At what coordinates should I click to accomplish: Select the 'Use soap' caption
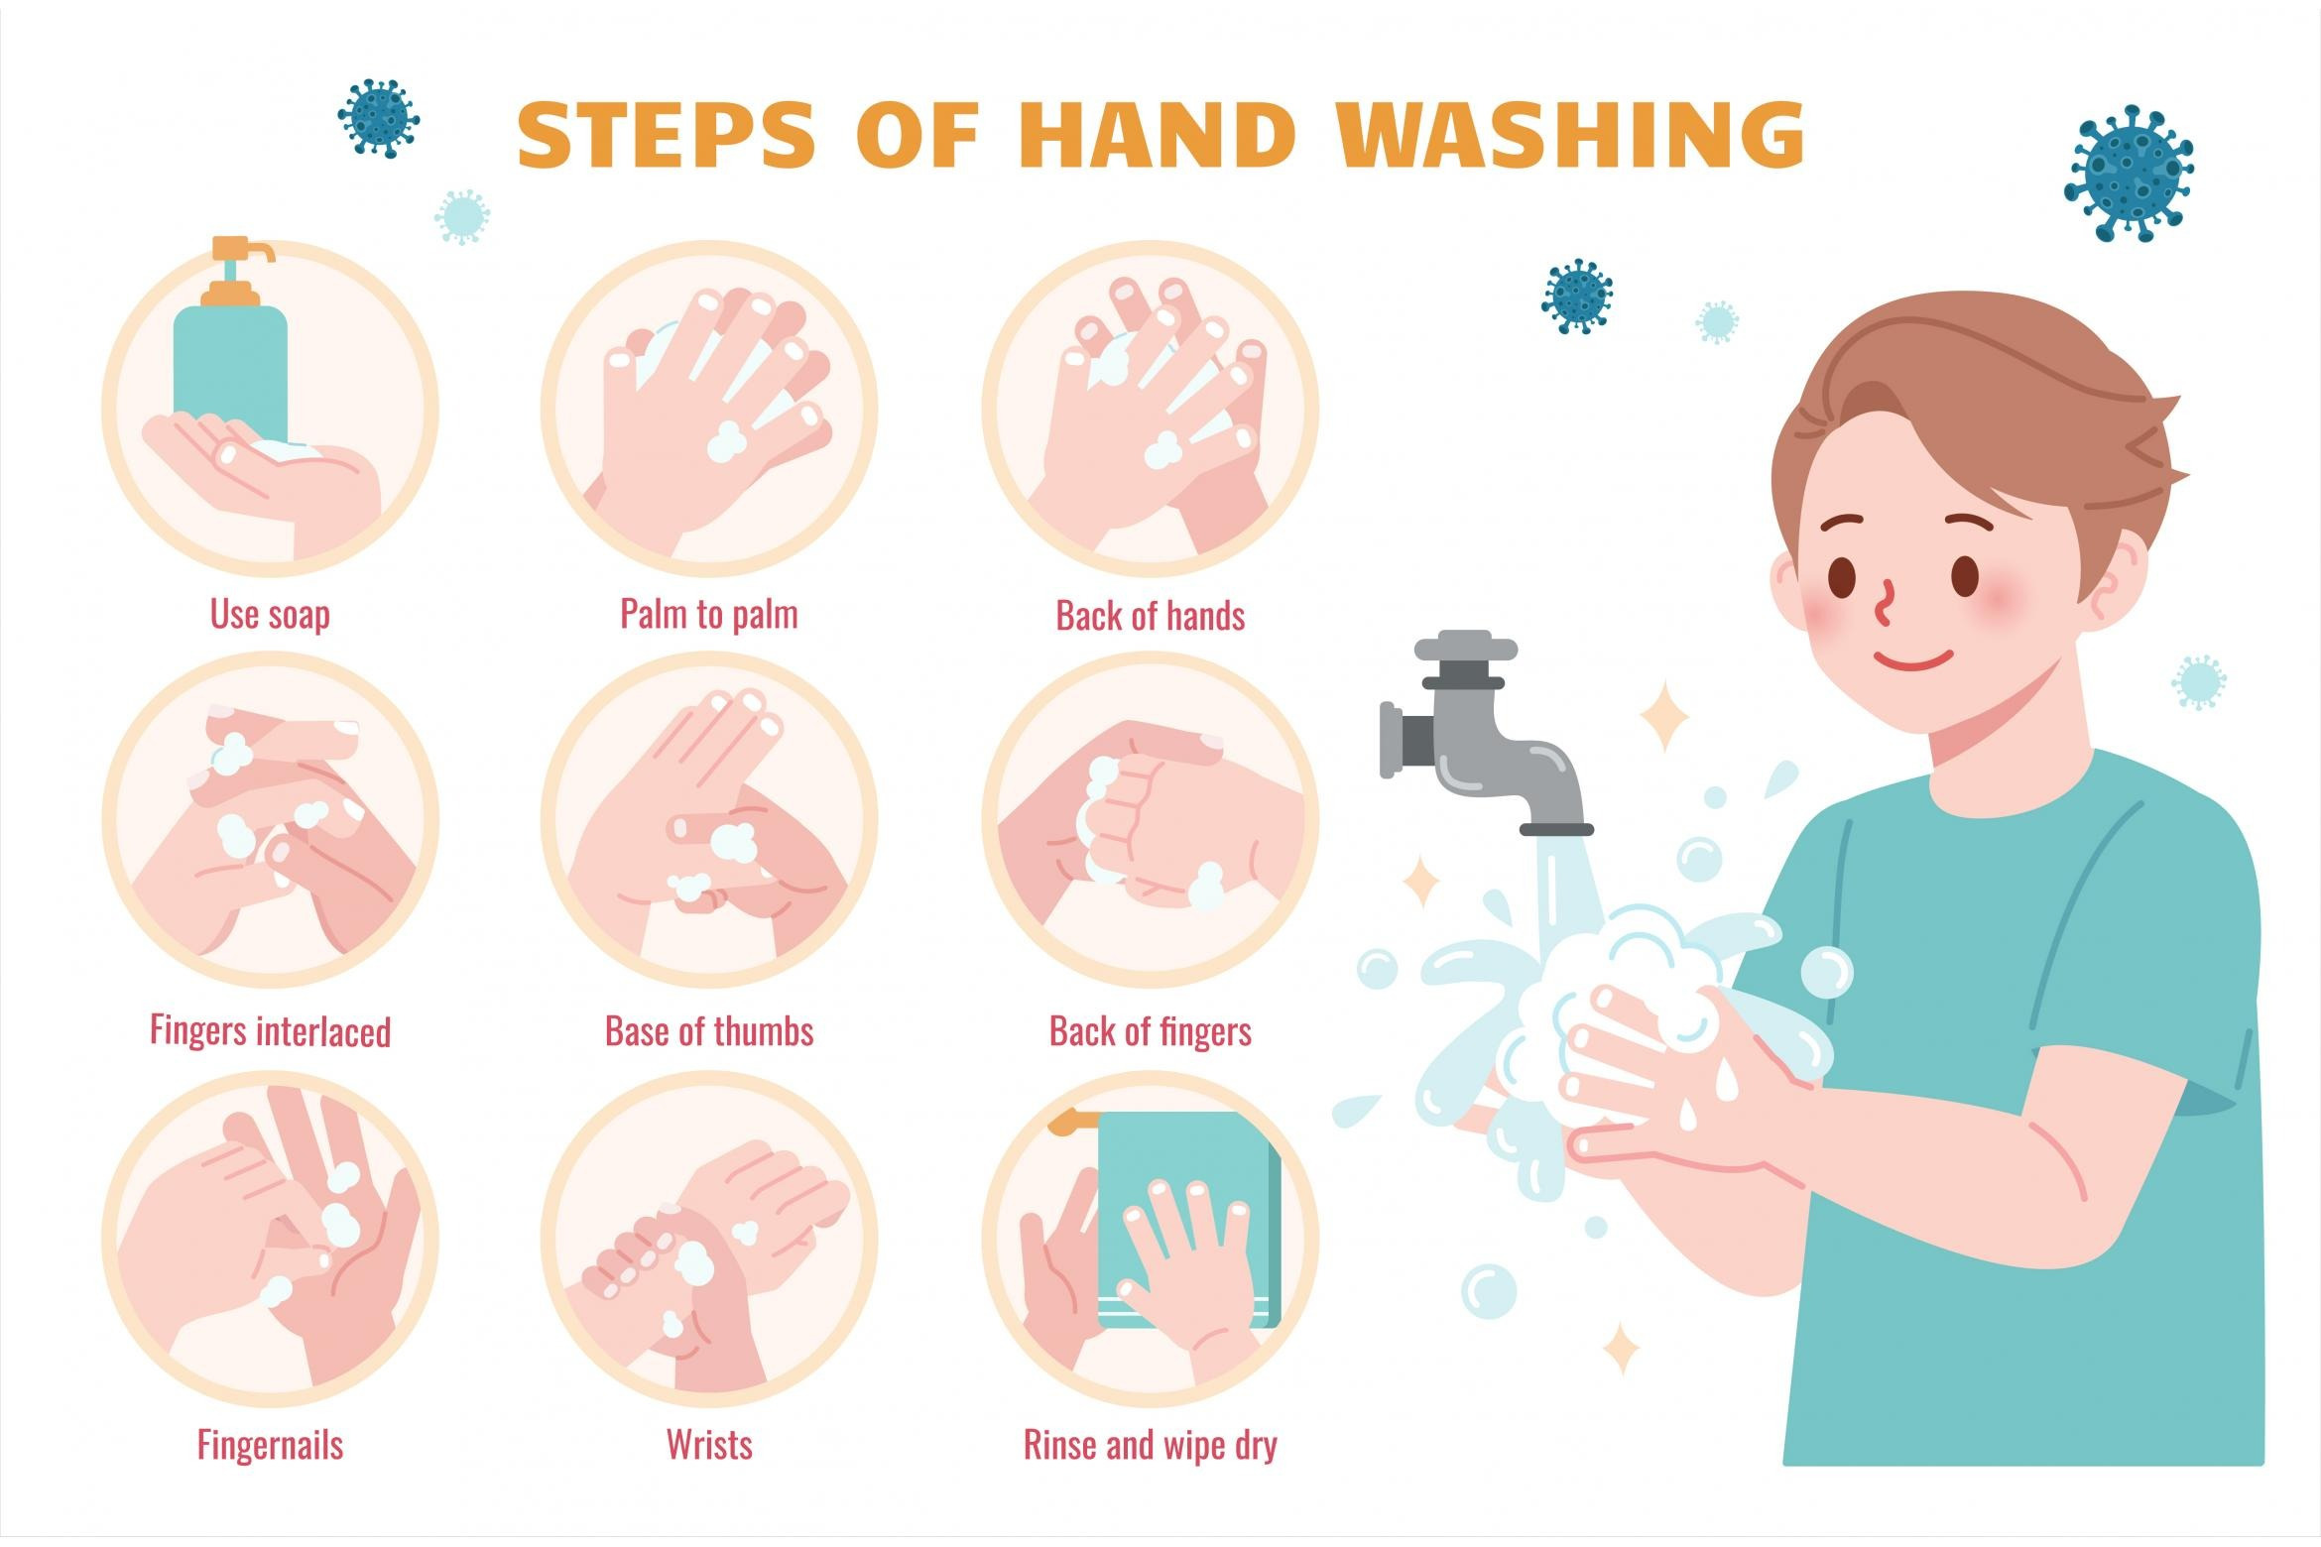tap(270, 615)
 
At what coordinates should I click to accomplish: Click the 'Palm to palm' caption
tap(709, 615)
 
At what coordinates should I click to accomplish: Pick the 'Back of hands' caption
tap(1151, 616)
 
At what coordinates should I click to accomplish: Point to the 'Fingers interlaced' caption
tap(271, 1031)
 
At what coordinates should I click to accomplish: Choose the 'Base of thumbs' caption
tap(709, 1031)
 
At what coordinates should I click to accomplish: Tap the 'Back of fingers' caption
tap(1151, 1031)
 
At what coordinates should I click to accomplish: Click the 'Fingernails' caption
tap(271, 1445)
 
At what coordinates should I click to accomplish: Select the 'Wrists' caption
tap(709, 1445)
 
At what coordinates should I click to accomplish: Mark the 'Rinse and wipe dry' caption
tap(1151, 1446)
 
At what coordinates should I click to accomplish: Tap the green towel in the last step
tap(1189, 1220)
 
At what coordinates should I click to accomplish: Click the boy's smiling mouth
tap(1914, 658)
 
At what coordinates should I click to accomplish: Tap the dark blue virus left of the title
tap(378, 118)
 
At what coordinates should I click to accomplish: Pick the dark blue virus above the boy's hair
tap(1577, 297)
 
